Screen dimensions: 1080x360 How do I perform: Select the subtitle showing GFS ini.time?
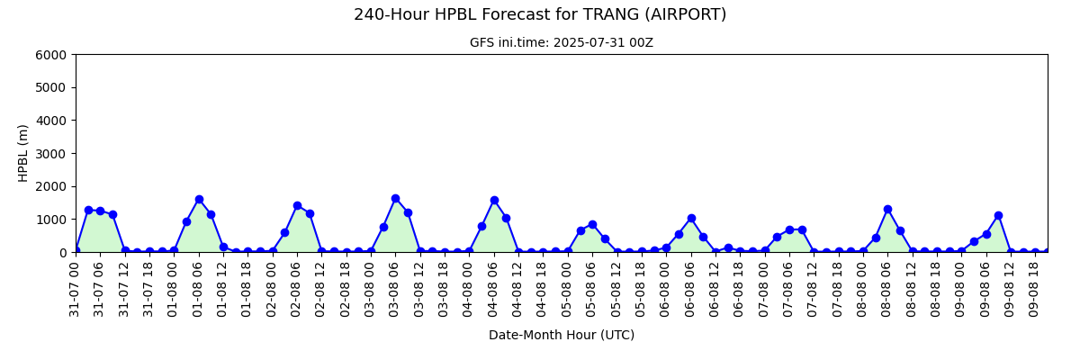tap(562, 43)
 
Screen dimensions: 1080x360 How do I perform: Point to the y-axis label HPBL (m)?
tap(22, 153)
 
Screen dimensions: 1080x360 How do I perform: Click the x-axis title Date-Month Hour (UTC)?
tap(562, 335)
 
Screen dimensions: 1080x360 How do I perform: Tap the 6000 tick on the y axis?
tap(50, 55)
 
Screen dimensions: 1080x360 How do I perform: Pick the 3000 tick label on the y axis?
tap(50, 154)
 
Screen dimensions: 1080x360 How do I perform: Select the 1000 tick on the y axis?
tap(50, 220)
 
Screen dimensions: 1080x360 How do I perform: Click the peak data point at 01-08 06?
tap(199, 200)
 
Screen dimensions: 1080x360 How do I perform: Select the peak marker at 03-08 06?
tap(396, 199)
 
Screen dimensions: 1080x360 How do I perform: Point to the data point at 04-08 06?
tap(494, 201)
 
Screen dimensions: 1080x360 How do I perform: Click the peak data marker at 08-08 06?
tap(887, 210)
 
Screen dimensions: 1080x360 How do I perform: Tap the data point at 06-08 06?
tap(691, 219)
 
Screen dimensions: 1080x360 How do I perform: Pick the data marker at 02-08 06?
tap(298, 206)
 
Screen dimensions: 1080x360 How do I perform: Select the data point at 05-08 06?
tap(592, 225)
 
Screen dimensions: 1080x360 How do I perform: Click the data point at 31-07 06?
tap(100, 211)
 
